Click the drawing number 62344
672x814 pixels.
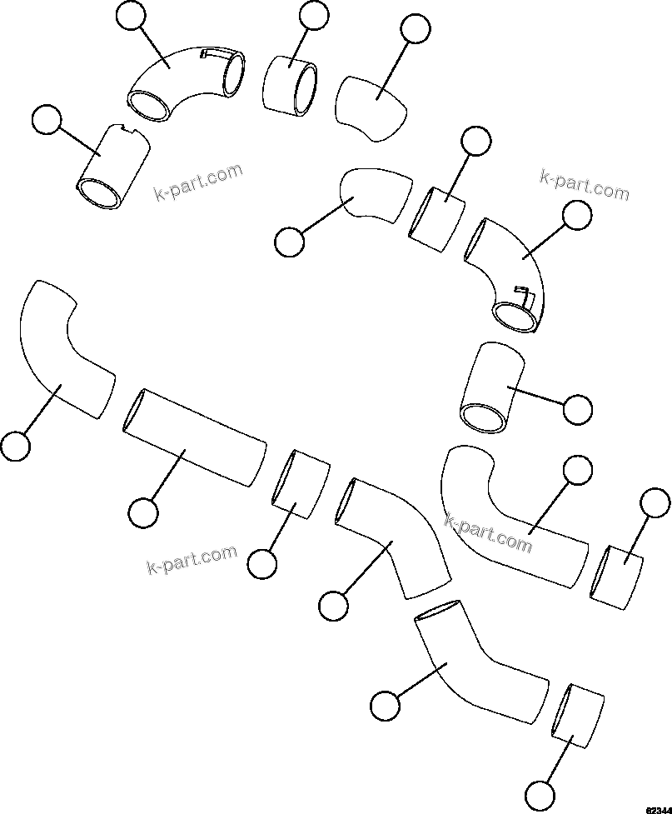pyautogui.click(x=657, y=807)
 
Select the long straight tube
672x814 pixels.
pyautogui.click(x=195, y=437)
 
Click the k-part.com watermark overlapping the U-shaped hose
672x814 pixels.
pyautogui.click(x=489, y=532)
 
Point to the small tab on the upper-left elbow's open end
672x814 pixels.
pyautogui.click(x=214, y=54)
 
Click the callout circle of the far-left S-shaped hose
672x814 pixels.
pyautogui.click(x=15, y=445)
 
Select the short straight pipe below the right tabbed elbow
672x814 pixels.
pyautogui.click(x=491, y=390)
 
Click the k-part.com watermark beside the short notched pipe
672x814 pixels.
pyautogui.click(x=198, y=182)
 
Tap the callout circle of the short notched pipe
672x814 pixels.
pyautogui.click(x=46, y=121)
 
